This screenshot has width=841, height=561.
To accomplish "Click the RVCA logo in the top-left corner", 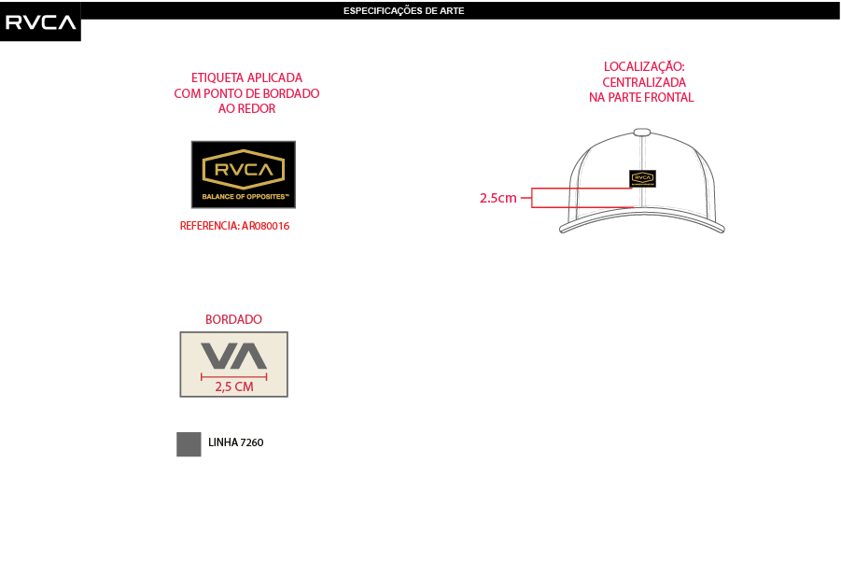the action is pyautogui.click(x=40, y=22).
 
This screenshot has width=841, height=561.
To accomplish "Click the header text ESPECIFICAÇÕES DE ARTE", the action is pyautogui.click(x=404, y=10).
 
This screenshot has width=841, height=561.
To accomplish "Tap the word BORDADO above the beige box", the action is pyautogui.click(x=234, y=319).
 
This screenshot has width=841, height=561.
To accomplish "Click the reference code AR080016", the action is pyautogui.click(x=265, y=226).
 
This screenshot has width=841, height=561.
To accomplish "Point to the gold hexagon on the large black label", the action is pyautogui.click(x=244, y=170).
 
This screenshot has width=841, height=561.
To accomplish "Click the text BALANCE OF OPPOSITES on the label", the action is pyautogui.click(x=245, y=197).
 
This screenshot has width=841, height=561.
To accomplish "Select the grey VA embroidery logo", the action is pyautogui.click(x=234, y=356).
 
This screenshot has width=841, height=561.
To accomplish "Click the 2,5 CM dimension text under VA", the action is pyautogui.click(x=234, y=386).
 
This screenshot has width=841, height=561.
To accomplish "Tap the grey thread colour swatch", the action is pyautogui.click(x=189, y=444).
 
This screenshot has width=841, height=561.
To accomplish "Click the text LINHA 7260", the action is pyautogui.click(x=236, y=442).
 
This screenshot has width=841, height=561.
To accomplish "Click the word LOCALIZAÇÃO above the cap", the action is pyautogui.click(x=644, y=67).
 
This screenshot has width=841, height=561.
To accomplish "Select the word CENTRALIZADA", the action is pyautogui.click(x=644, y=82).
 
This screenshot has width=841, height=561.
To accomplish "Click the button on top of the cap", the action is pyautogui.click(x=642, y=132).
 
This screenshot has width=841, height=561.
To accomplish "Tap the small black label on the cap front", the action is pyautogui.click(x=642, y=178).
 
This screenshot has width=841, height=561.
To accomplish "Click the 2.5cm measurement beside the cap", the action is pyautogui.click(x=498, y=198).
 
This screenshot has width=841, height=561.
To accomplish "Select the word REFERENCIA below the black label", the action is pyautogui.click(x=209, y=226).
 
